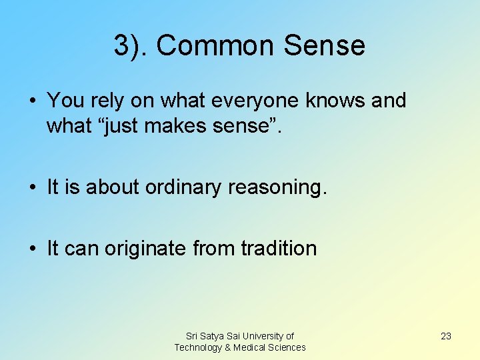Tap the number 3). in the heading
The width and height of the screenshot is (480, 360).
(x=131, y=46)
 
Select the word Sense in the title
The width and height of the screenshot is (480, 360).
(x=325, y=46)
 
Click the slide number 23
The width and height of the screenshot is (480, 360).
(x=446, y=336)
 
